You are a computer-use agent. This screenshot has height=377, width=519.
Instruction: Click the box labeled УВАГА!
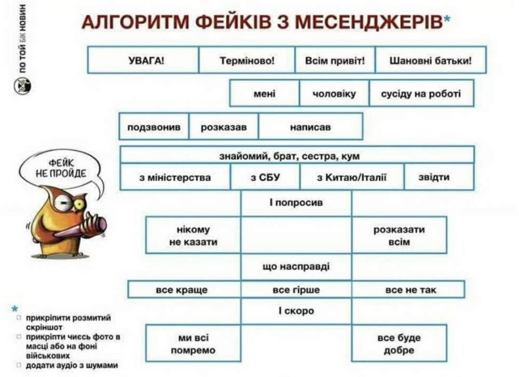pos(143,60)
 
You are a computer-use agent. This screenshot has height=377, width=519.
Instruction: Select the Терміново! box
pos(247,60)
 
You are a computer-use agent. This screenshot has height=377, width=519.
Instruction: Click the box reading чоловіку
pos(334,94)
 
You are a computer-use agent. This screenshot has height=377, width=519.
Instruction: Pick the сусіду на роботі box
pos(421,94)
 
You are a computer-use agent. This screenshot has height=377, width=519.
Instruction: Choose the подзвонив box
pos(154,127)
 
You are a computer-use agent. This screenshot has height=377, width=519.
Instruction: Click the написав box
pos(310,127)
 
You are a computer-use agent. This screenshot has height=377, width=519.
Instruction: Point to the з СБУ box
pos(265,178)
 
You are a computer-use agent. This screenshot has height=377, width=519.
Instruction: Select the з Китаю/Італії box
pos(351,178)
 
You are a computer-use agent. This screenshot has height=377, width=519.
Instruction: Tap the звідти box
pos(439,178)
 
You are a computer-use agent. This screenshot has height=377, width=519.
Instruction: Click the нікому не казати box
pos(193,236)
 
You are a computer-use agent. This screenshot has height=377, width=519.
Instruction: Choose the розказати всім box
pos(399,236)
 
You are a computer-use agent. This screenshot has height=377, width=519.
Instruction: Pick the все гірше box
pos(296,290)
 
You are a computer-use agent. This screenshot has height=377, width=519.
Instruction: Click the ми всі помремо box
pos(193,344)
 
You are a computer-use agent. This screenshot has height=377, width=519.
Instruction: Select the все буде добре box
pos(399,344)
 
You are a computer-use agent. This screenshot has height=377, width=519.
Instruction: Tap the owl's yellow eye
pos(78,204)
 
